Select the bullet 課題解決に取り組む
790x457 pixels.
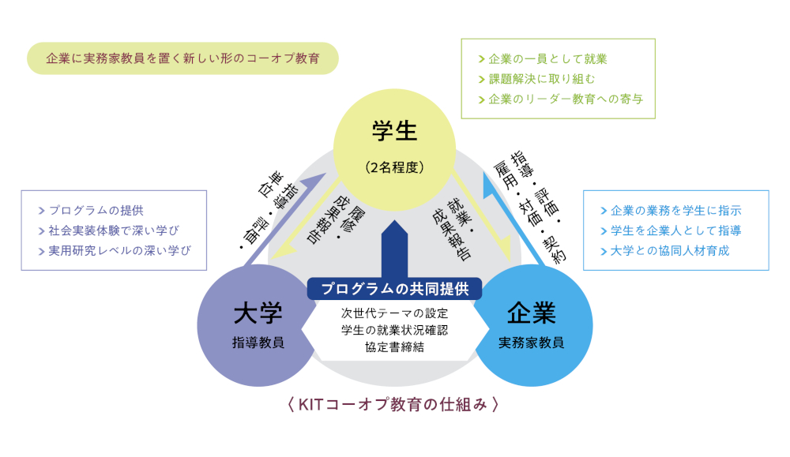point(541,79)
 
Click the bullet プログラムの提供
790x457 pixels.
point(95,211)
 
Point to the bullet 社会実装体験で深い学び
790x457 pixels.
point(114,230)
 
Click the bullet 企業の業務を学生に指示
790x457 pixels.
point(675,211)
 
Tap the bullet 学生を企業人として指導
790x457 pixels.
point(675,230)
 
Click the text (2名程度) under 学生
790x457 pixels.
point(395,167)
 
